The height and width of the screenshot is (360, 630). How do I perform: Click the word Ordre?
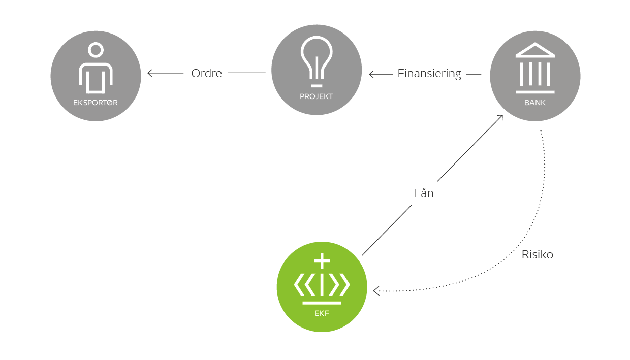206,73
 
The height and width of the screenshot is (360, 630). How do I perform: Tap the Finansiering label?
429,74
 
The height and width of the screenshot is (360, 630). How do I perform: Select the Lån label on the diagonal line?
424,193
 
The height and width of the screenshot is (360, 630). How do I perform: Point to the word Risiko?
537,255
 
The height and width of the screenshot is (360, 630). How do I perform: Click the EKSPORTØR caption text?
96,103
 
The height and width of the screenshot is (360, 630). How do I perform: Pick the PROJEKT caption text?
316,96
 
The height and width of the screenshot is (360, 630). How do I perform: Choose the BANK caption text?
534,103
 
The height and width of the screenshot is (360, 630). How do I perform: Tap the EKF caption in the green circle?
322,313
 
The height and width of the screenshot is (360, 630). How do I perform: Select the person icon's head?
96,50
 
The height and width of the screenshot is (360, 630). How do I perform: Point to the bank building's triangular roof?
535,50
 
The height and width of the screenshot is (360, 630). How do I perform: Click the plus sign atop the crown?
322,261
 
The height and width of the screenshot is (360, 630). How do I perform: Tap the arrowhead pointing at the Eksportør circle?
150,73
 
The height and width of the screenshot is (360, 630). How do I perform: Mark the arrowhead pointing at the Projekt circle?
371,75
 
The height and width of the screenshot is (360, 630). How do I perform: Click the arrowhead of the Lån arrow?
500,117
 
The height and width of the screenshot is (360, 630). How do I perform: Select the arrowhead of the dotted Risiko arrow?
376,291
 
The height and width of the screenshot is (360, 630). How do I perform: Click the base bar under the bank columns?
535,92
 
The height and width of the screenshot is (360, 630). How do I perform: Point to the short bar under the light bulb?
317,85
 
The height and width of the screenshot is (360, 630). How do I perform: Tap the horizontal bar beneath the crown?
322,303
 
